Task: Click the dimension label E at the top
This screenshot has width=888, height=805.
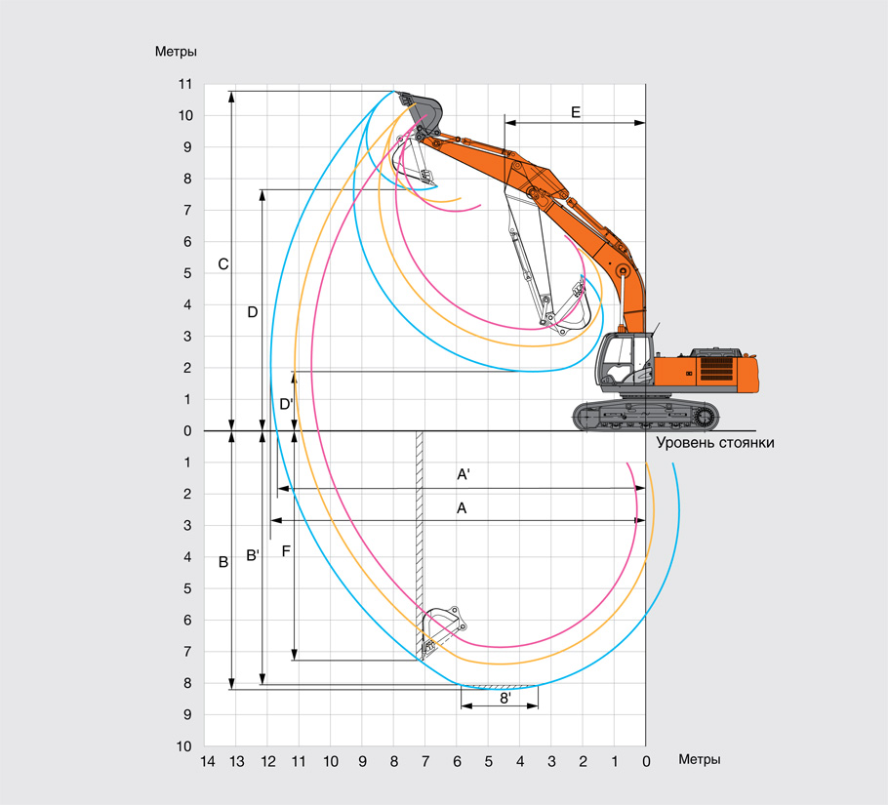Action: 576,113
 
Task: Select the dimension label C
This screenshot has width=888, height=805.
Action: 222,263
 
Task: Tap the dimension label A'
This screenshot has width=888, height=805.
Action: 464,475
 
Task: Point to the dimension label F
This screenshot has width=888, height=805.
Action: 286,551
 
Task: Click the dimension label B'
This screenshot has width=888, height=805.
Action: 252,556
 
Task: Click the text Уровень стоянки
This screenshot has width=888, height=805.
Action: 714,443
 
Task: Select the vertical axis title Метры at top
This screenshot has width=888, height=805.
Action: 177,51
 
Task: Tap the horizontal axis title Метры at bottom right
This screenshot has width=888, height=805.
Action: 700,759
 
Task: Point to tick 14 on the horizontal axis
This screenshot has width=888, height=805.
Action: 206,759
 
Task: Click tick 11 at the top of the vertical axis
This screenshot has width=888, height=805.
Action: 185,85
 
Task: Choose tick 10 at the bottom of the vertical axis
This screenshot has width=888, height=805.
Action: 185,746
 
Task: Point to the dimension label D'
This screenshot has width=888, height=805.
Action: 286,404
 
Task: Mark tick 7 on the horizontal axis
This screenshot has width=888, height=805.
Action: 425,759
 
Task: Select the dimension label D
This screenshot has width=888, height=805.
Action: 252,312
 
